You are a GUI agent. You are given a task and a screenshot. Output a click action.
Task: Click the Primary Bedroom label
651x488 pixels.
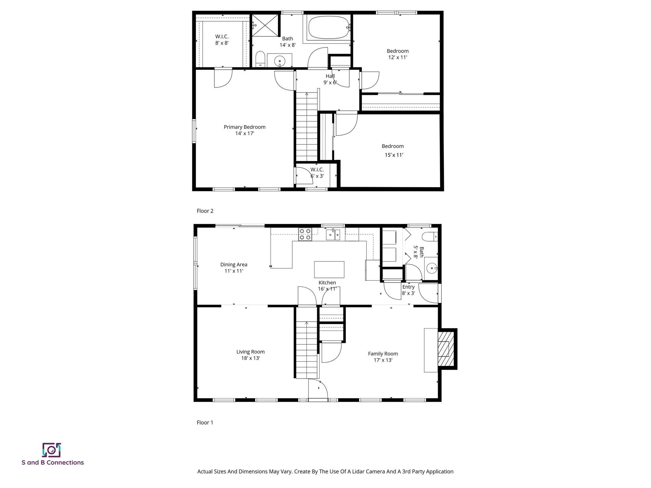(244, 127)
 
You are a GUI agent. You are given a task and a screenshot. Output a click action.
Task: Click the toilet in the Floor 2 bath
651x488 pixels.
(260, 59)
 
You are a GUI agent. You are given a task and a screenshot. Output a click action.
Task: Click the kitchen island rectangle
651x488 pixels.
(329, 269)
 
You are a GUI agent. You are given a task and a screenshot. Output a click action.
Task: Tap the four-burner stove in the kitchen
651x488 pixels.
(305, 234)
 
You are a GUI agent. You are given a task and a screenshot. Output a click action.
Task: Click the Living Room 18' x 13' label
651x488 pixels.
(250, 355)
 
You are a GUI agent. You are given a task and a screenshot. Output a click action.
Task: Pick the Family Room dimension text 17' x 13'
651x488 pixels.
(383, 360)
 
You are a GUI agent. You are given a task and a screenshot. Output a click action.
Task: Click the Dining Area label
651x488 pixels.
(234, 264)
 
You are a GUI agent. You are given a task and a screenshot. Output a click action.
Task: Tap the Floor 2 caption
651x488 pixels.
(205, 211)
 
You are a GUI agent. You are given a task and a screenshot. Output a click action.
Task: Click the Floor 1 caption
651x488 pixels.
(205, 422)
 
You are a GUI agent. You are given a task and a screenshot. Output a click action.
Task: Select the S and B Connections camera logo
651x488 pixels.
(52, 450)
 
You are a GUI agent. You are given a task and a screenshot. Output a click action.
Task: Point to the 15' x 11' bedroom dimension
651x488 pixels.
(394, 155)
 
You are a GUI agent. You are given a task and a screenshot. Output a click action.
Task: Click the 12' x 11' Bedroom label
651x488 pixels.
(397, 54)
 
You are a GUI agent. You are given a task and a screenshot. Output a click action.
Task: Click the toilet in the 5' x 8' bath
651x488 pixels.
(429, 236)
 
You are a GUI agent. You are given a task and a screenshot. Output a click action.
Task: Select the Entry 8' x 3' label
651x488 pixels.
(408, 290)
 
